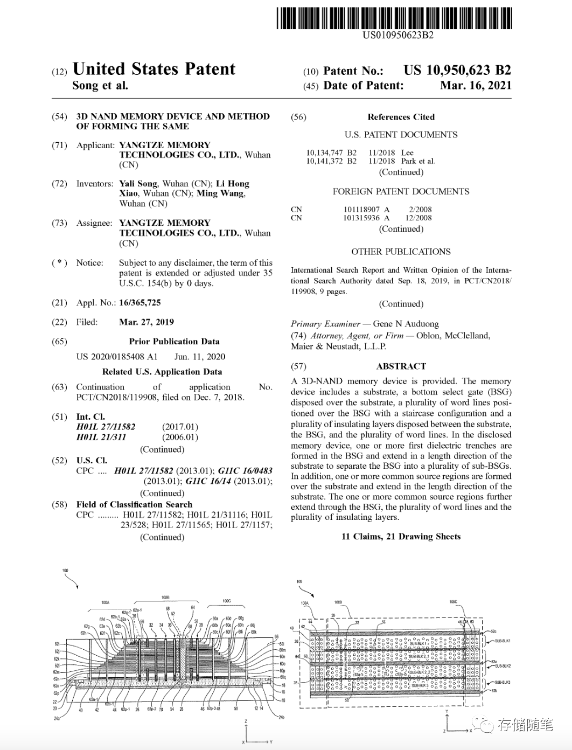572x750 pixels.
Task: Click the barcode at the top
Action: [394, 18]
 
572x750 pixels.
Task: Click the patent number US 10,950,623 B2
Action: [457, 71]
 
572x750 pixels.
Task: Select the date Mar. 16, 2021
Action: [476, 86]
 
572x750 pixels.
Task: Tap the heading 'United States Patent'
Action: [154, 69]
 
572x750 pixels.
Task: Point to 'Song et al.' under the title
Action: [100, 86]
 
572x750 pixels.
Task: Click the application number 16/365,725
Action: [140, 303]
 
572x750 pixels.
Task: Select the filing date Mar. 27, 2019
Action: [147, 322]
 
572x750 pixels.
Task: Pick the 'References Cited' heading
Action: [401, 117]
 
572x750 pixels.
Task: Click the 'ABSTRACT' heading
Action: [401, 366]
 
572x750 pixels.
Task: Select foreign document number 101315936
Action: [361, 218]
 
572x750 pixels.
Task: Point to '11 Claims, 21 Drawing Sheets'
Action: [401, 537]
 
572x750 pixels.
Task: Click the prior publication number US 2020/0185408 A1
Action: [117, 357]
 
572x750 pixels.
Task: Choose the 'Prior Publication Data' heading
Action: [174, 342]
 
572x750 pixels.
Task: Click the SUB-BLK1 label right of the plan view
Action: [503, 641]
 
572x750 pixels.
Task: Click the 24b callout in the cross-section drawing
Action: [281, 717]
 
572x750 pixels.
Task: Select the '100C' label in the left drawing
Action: [227, 601]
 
